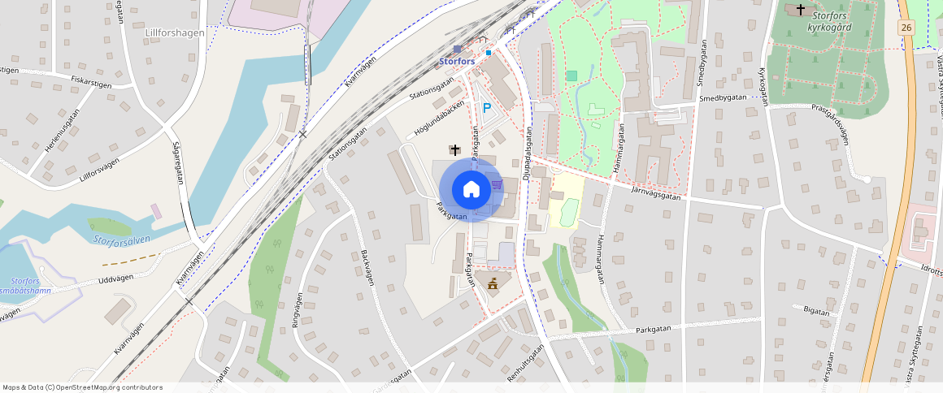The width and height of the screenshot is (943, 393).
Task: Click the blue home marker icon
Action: tap(471, 190)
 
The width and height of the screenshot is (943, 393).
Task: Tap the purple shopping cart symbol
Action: tap(496, 184)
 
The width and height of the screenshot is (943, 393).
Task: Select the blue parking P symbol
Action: tap(487, 107)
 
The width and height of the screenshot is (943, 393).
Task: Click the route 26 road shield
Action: tap(906, 28)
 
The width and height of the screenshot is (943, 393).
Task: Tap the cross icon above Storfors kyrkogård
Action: tap(801, 9)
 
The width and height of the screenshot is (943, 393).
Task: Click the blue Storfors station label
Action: tap(456, 61)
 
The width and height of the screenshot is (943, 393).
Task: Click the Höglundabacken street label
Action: tap(439, 119)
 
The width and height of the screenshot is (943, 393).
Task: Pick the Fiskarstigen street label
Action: tap(92, 80)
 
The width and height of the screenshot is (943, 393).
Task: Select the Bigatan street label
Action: tap(815, 311)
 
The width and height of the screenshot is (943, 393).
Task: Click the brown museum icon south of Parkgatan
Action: tap(493, 281)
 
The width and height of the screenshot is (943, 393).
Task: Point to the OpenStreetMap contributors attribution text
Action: tap(83, 387)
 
